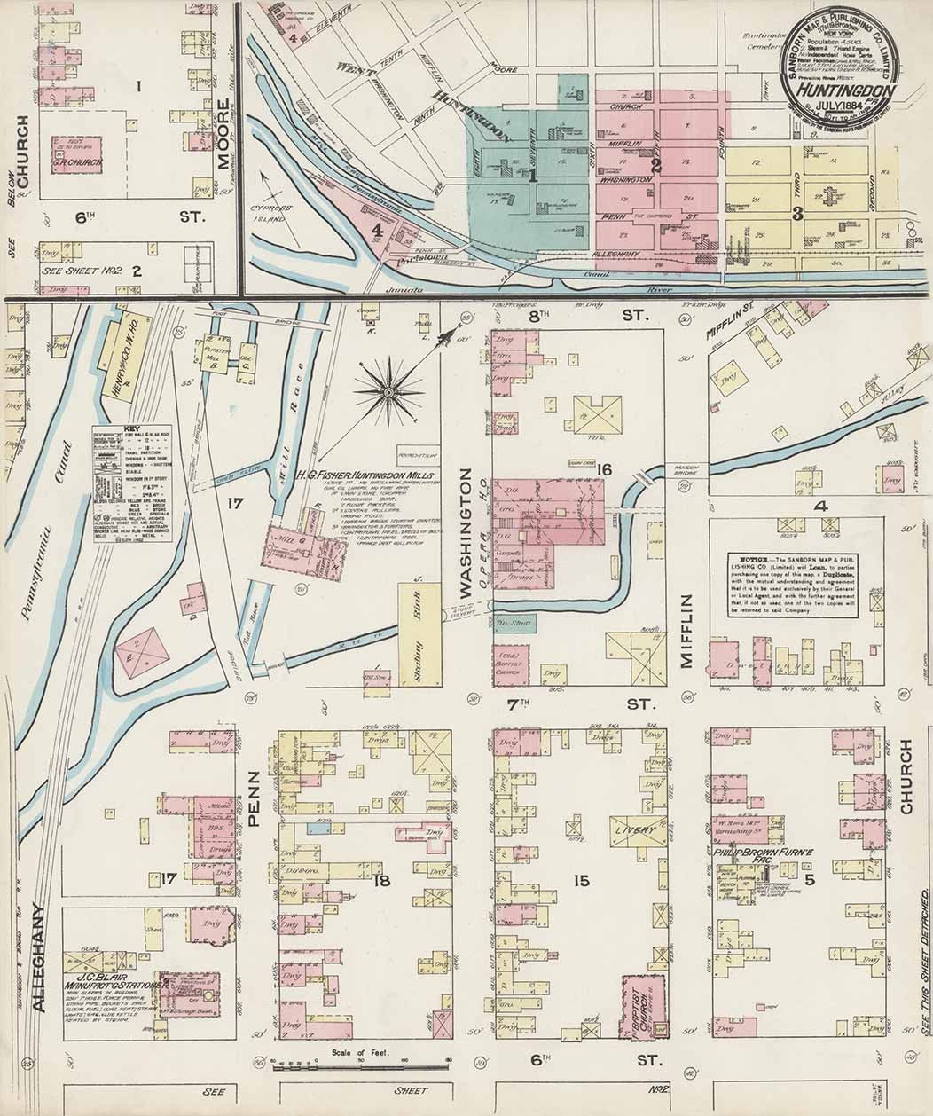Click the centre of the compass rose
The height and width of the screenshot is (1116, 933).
click(388, 390)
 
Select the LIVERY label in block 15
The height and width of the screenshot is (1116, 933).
click(636, 830)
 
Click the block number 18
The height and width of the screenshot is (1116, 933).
click(382, 880)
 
